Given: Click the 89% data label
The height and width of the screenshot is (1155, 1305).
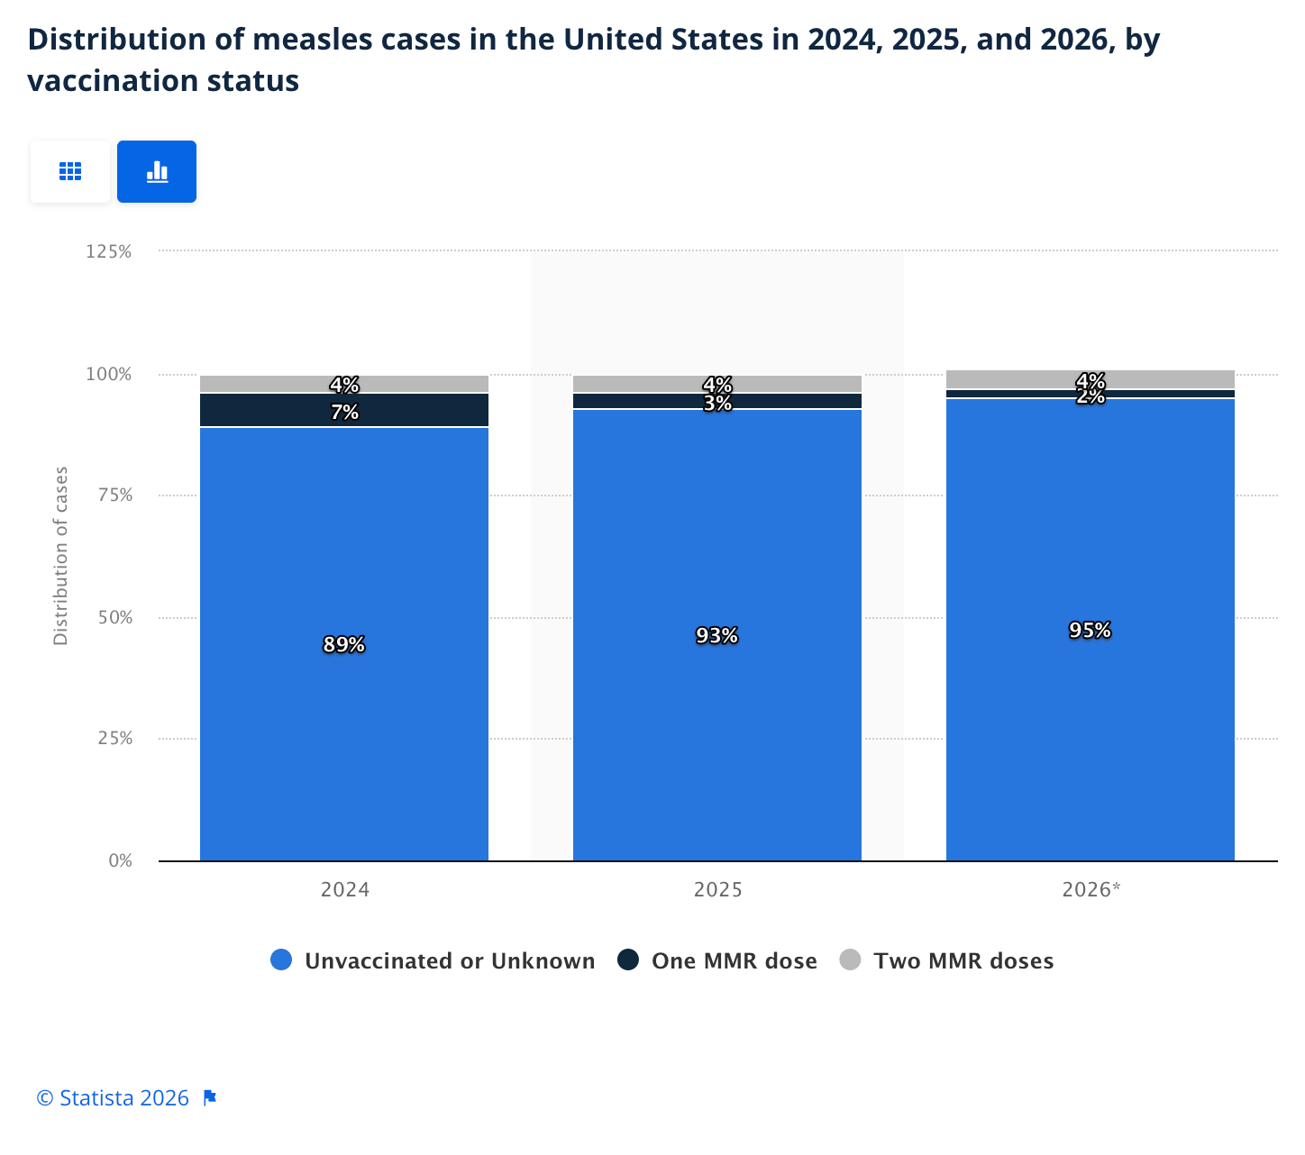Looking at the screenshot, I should tap(343, 645).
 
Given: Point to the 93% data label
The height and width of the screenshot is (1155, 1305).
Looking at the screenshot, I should tap(716, 636).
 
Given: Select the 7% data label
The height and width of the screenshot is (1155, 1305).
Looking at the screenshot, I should tap(344, 413).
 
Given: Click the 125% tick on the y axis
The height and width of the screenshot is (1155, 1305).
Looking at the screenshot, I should tap(109, 251).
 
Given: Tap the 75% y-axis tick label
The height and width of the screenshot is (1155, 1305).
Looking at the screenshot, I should tap(114, 495).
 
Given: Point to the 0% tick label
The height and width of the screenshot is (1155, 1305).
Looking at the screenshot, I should tap(120, 860).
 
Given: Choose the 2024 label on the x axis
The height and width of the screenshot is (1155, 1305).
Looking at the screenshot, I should tap(344, 890).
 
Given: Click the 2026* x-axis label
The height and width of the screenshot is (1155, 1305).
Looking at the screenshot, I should tap(1091, 890).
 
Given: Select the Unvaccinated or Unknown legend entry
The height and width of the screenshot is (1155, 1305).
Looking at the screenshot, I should tap(433, 960).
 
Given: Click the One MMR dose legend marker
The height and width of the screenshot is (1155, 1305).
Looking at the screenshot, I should tap(628, 960).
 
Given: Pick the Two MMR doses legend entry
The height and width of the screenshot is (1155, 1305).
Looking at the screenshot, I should tap(946, 960).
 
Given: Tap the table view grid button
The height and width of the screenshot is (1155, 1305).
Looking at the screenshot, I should tap(70, 171).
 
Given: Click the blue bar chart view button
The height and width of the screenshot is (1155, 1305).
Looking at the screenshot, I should tap(157, 171).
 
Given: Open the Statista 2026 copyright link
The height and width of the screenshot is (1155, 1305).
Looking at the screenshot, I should tap(113, 1098).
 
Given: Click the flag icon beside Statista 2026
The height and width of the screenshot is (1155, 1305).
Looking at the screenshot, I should tap(210, 1098).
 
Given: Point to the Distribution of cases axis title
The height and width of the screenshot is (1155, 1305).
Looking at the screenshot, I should tap(61, 555).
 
